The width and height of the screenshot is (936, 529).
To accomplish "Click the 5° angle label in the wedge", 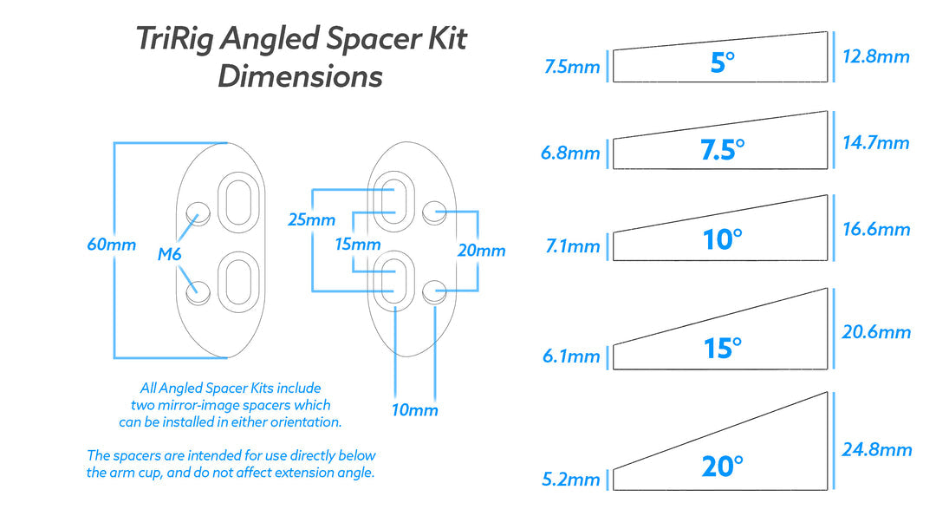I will [x=721, y=62].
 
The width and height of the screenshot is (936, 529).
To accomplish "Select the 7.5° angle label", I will [x=721, y=150].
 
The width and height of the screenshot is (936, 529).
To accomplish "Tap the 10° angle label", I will [x=721, y=238].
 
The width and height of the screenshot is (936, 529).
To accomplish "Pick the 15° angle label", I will [x=721, y=349].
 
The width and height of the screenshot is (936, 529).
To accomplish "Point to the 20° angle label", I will [x=721, y=467].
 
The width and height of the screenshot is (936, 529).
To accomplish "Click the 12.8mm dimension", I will [x=876, y=57].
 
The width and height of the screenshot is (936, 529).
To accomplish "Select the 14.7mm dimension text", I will [x=876, y=142].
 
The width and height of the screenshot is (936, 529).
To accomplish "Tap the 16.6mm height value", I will [x=876, y=229].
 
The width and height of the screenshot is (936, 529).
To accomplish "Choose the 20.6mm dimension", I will [x=876, y=332].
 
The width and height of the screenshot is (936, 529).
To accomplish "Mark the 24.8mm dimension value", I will [x=876, y=449].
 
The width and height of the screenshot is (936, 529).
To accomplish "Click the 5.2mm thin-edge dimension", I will [x=571, y=480].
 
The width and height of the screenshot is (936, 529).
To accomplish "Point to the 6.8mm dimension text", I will [x=570, y=153].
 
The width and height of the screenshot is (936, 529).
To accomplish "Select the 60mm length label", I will [x=111, y=245].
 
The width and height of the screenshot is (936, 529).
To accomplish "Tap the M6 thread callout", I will [x=170, y=255].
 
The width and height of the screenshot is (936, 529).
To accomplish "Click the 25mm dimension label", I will [x=311, y=220].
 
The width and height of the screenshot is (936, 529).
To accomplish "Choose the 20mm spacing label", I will [x=482, y=251].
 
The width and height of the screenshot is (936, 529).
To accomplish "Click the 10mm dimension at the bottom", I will [x=414, y=410].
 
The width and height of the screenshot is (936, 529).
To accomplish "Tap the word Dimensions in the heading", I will [x=300, y=76].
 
